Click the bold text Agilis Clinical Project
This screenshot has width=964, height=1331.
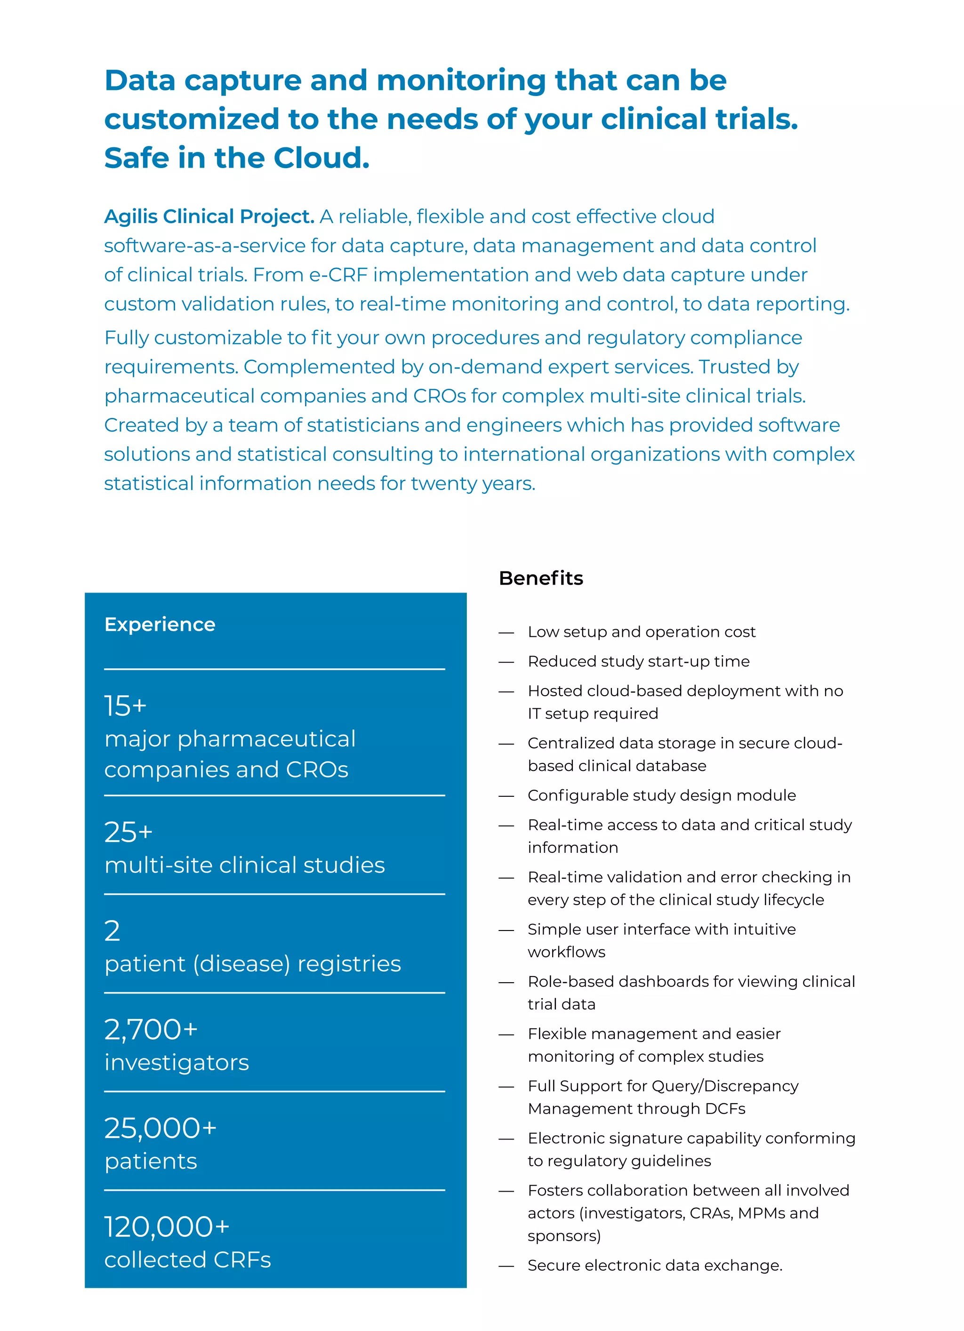click(x=209, y=216)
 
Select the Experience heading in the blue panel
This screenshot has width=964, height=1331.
click(x=160, y=625)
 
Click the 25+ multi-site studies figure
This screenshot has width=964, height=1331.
click(x=128, y=832)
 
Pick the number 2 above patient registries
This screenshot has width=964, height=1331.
click(x=112, y=931)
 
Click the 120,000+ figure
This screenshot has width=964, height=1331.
click(x=167, y=1227)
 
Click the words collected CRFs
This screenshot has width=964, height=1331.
click(x=187, y=1259)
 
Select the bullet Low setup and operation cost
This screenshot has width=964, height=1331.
click(x=641, y=632)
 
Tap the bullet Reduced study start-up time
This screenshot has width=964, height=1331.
click(x=638, y=661)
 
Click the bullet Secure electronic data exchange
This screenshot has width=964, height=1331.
click(x=655, y=1265)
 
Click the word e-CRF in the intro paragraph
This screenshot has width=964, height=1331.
click(x=338, y=275)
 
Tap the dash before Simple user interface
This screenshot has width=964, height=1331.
click(x=506, y=930)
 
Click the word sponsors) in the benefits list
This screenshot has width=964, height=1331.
click(x=563, y=1236)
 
